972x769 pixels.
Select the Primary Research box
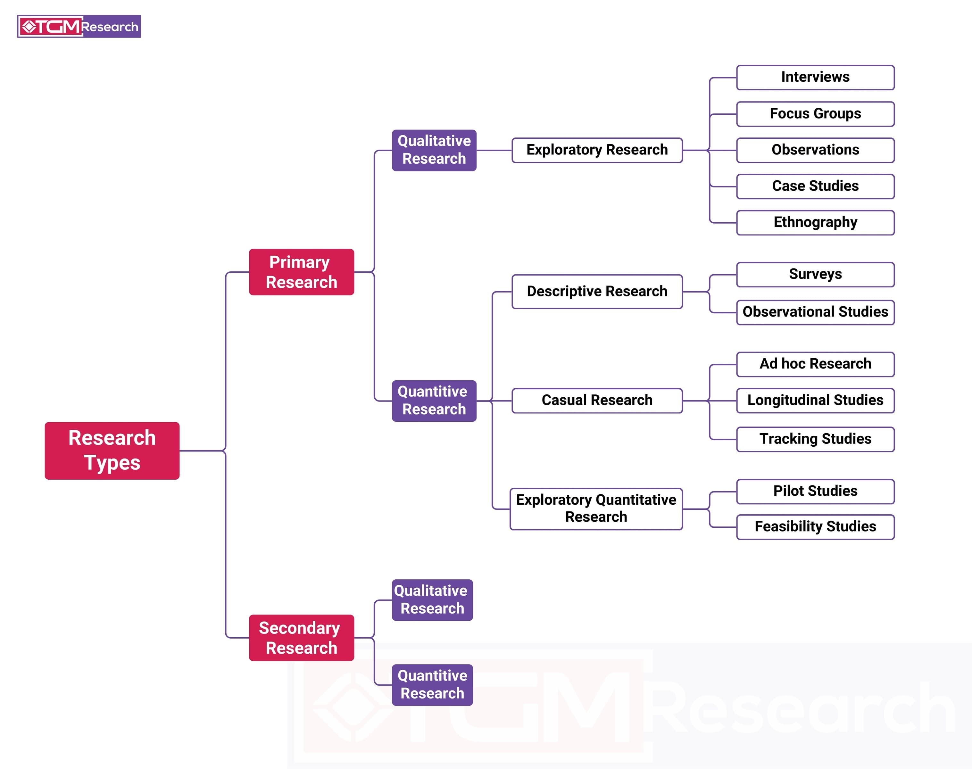[301, 272]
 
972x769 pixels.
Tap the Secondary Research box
[301, 638]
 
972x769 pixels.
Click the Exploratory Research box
[597, 150]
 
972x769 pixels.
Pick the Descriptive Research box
[597, 291]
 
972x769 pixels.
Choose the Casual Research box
[597, 400]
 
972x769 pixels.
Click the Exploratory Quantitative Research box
[596, 509]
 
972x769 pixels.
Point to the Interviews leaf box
[815, 78]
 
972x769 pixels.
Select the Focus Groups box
[815, 114]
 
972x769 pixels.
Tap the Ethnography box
[815, 222]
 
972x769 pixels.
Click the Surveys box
[815, 274]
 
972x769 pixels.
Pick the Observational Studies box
[815, 312]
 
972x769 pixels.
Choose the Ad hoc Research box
[815, 364]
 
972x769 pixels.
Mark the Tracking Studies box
[815, 439]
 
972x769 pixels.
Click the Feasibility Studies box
[815, 527]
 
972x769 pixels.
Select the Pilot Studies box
[815, 491]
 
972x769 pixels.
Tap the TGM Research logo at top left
[79, 27]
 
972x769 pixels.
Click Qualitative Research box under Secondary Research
[432, 600]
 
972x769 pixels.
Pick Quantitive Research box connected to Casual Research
[434, 401]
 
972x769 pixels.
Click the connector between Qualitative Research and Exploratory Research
[494, 150]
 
